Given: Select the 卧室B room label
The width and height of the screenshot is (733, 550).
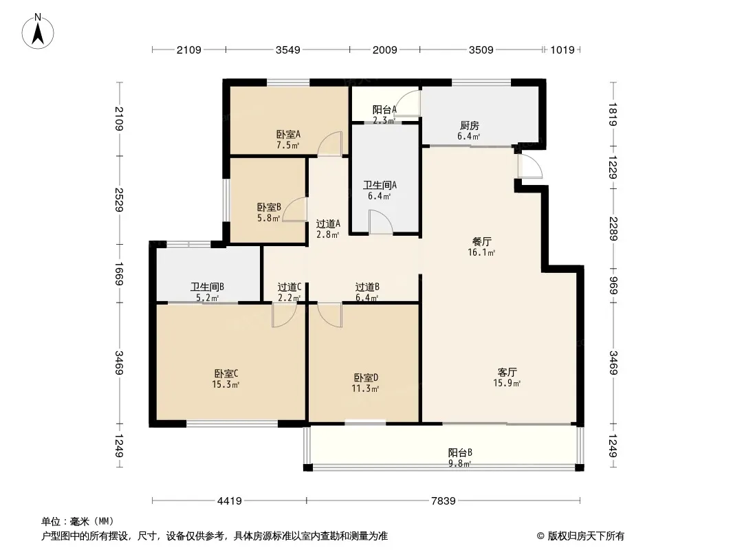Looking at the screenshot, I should [269, 212].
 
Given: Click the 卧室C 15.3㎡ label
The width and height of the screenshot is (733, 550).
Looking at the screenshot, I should [226, 379].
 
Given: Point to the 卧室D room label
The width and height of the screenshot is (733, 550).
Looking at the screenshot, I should [366, 383].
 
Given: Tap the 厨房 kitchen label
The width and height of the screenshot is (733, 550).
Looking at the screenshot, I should [469, 131].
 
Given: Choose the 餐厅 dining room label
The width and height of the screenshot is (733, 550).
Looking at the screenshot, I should [482, 247].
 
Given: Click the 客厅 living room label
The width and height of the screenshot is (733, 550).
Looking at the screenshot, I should [508, 377].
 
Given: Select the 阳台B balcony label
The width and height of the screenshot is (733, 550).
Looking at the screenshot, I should [460, 458].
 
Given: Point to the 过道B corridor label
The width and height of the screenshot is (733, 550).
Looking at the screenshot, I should [367, 292].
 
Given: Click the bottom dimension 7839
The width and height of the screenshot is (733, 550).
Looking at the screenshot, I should [443, 501].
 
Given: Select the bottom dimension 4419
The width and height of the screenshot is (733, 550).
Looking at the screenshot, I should [229, 501].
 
